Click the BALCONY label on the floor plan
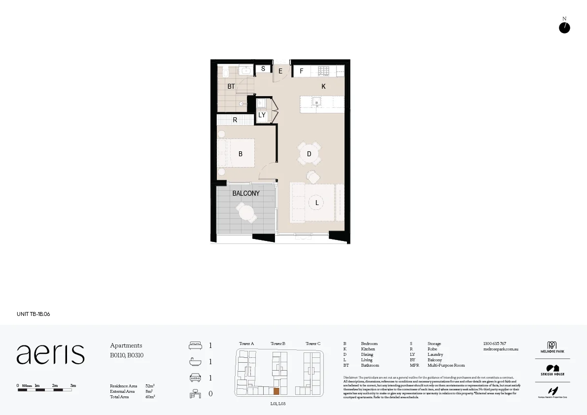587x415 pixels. click(245, 193)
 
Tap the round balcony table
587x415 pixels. click(246, 213)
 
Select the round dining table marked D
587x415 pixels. click(309, 154)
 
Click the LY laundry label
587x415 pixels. click(262, 115)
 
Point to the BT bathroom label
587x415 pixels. click(231, 87)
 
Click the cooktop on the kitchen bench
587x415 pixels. click(323, 71)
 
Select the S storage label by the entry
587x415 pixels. click(263, 69)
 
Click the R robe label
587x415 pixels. click(235, 120)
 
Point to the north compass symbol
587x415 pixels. click(564, 28)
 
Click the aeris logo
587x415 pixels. click(51, 354)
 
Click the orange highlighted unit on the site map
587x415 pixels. click(276, 391)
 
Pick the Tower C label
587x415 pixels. click(313, 344)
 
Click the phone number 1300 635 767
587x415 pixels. click(494, 344)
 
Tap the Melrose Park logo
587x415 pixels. click(552, 347)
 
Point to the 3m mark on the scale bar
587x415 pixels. click(72, 385)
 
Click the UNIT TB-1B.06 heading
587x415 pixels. click(34, 314)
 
